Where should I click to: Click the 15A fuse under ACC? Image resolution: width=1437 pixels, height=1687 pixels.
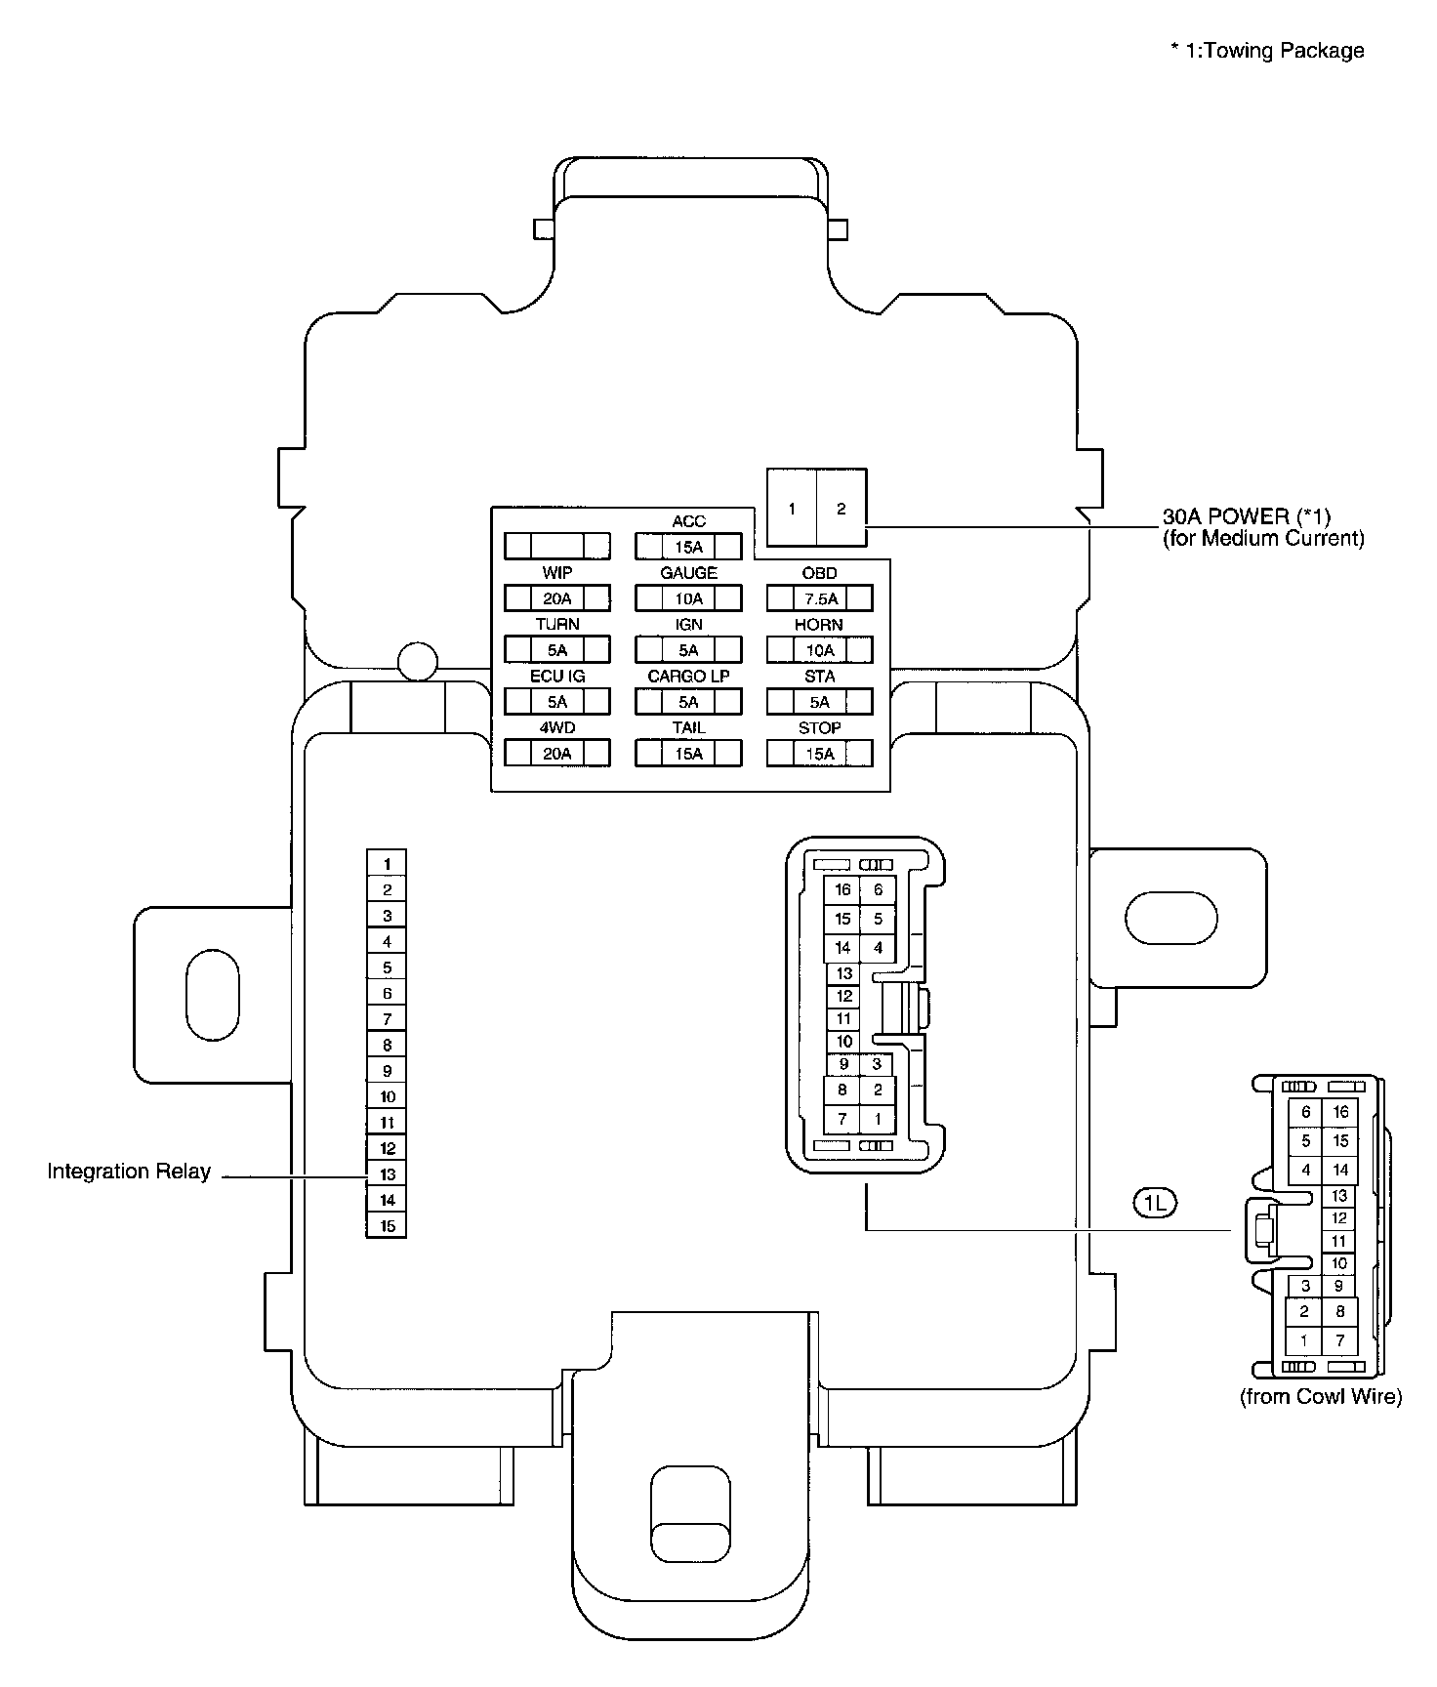[x=688, y=546]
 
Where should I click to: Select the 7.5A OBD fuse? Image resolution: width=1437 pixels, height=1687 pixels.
[x=819, y=597]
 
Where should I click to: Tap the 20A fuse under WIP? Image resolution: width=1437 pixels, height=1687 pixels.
[x=557, y=597]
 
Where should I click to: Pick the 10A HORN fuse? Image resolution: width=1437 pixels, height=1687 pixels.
[x=819, y=649]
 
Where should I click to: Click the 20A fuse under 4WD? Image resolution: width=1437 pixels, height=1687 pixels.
[x=557, y=753]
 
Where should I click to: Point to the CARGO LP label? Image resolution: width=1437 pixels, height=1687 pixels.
[x=688, y=676]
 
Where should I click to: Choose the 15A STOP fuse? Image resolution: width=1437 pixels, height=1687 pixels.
[x=819, y=753]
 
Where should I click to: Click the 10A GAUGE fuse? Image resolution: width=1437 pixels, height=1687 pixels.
[x=688, y=597]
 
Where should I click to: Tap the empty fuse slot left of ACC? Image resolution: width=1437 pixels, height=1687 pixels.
[x=557, y=546]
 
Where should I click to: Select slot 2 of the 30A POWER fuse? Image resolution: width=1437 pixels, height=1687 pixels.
[x=842, y=508]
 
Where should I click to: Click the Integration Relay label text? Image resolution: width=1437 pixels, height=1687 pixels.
[x=129, y=1172]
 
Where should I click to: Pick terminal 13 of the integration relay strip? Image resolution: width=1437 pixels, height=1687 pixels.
[x=387, y=1174]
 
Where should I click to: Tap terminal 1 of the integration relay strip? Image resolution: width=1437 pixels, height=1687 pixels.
[x=387, y=863]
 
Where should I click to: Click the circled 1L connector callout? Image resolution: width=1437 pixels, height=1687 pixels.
[x=1155, y=1203]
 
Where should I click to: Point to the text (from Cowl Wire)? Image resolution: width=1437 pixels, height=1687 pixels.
[x=1320, y=1397]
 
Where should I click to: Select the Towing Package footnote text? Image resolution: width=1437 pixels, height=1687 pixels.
[x=1268, y=51]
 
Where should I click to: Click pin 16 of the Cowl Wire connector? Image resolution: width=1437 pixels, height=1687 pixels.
[x=1340, y=1112]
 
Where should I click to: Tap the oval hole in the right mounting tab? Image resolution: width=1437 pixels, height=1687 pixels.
[x=1171, y=918]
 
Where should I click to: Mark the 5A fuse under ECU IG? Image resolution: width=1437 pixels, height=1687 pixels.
[x=557, y=701]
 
